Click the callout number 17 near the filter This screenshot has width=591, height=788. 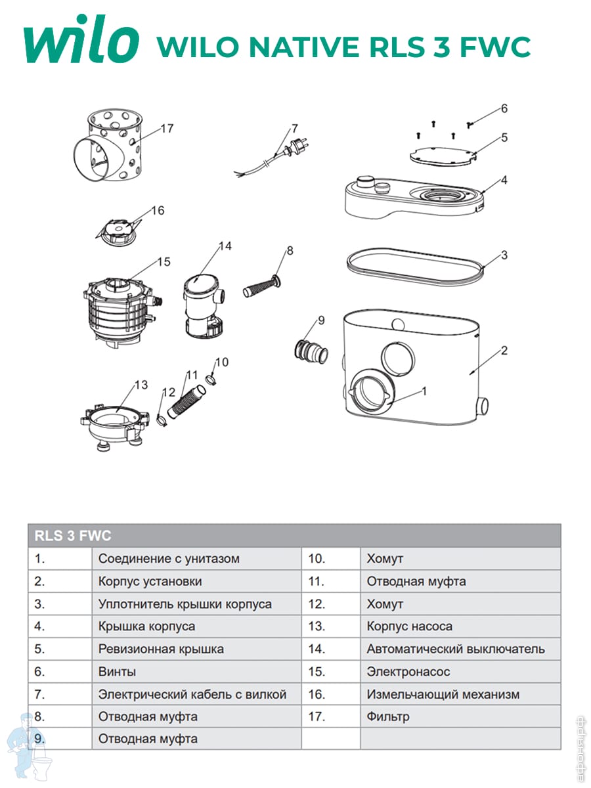click(x=167, y=129)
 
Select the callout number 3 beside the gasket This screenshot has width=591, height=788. click(x=504, y=255)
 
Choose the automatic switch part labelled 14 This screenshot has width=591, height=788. click(x=203, y=302)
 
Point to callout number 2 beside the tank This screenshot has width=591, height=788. click(x=504, y=351)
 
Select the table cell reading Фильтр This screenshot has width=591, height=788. click(x=388, y=716)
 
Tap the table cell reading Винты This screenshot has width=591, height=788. click(x=118, y=672)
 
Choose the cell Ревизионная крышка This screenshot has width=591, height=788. click(x=161, y=649)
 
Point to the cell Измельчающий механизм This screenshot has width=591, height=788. click(x=443, y=694)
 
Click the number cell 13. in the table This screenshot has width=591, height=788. click(x=317, y=626)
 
